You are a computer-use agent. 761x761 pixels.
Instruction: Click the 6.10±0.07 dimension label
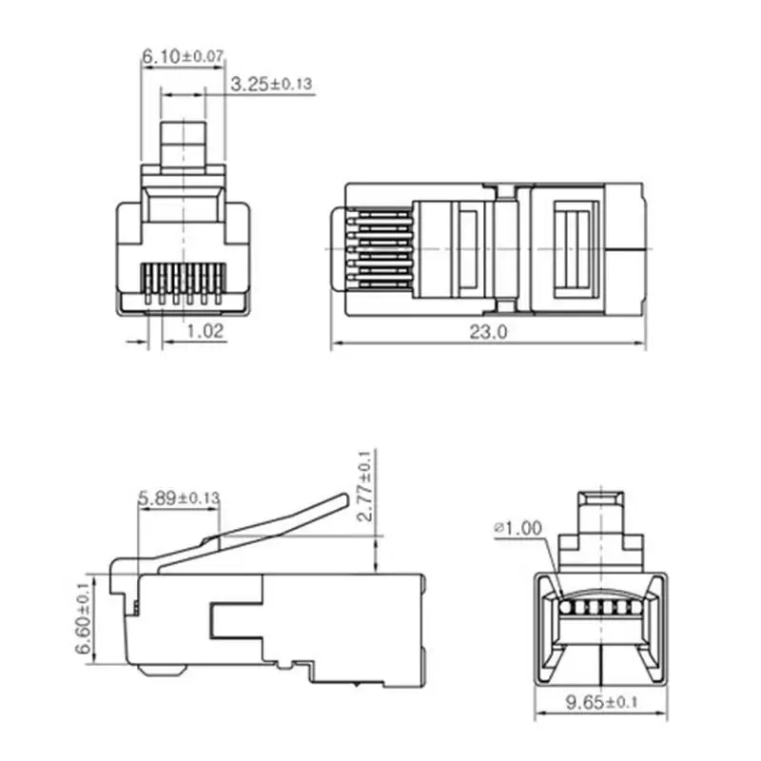[x=183, y=56]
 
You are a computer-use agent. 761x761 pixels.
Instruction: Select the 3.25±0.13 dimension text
[x=271, y=84]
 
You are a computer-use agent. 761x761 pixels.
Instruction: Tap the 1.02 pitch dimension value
[x=205, y=331]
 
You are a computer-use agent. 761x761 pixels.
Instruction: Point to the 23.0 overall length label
[x=488, y=332]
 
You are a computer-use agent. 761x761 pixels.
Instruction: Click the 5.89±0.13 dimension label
[x=179, y=498]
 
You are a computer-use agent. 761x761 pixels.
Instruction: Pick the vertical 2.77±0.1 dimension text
[x=365, y=486]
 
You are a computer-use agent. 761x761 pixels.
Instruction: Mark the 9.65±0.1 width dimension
[x=601, y=702]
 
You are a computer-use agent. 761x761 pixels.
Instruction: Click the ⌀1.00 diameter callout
[x=518, y=528]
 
